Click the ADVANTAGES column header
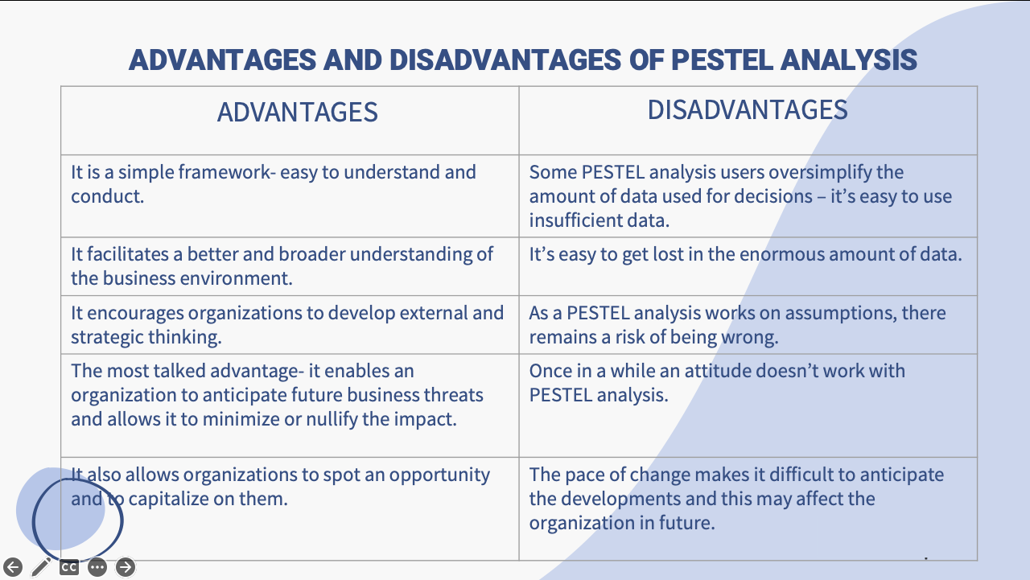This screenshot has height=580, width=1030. (298, 112)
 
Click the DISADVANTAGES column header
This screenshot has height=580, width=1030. (748, 110)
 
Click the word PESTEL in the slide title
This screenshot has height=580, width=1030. (722, 60)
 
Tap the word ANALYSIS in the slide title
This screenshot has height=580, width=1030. (849, 60)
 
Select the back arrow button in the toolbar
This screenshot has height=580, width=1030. (13, 567)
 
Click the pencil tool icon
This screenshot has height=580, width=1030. (41, 566)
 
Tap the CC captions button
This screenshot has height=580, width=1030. (69, 567)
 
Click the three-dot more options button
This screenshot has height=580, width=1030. (97, 567)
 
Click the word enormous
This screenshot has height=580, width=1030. (783, 255)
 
